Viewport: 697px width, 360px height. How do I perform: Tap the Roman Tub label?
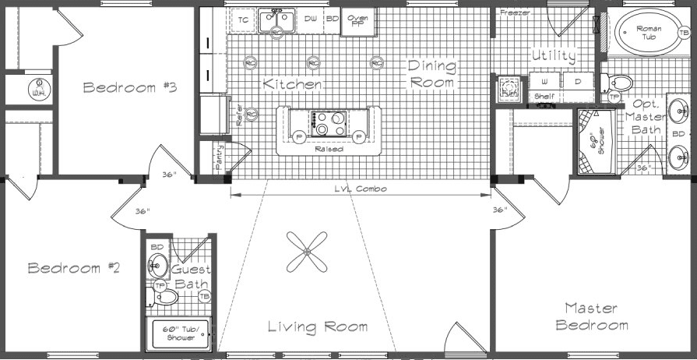[x=648, y=32]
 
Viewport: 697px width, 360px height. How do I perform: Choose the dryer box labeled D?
[x=577, y=81]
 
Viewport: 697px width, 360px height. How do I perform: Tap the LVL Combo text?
[x=361, y=189]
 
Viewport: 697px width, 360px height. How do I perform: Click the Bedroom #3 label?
[x=129, y=87]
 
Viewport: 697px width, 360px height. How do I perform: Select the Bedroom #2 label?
[x=74, y=268]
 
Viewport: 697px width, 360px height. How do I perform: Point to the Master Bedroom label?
[x=592, y=316]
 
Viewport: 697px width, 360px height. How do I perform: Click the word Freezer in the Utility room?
[x=516, y=12]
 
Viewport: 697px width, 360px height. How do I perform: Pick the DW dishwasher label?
[x=310, y=18]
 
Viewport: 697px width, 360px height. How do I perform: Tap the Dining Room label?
[x=431, y=74]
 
